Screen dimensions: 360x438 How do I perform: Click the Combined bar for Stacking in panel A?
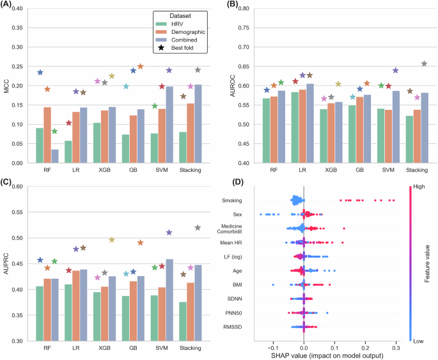[x=198, y=123]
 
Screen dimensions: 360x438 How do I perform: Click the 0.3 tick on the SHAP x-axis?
[x=396, y=342]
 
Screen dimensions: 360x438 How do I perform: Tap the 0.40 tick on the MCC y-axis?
[x=22, y=9]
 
